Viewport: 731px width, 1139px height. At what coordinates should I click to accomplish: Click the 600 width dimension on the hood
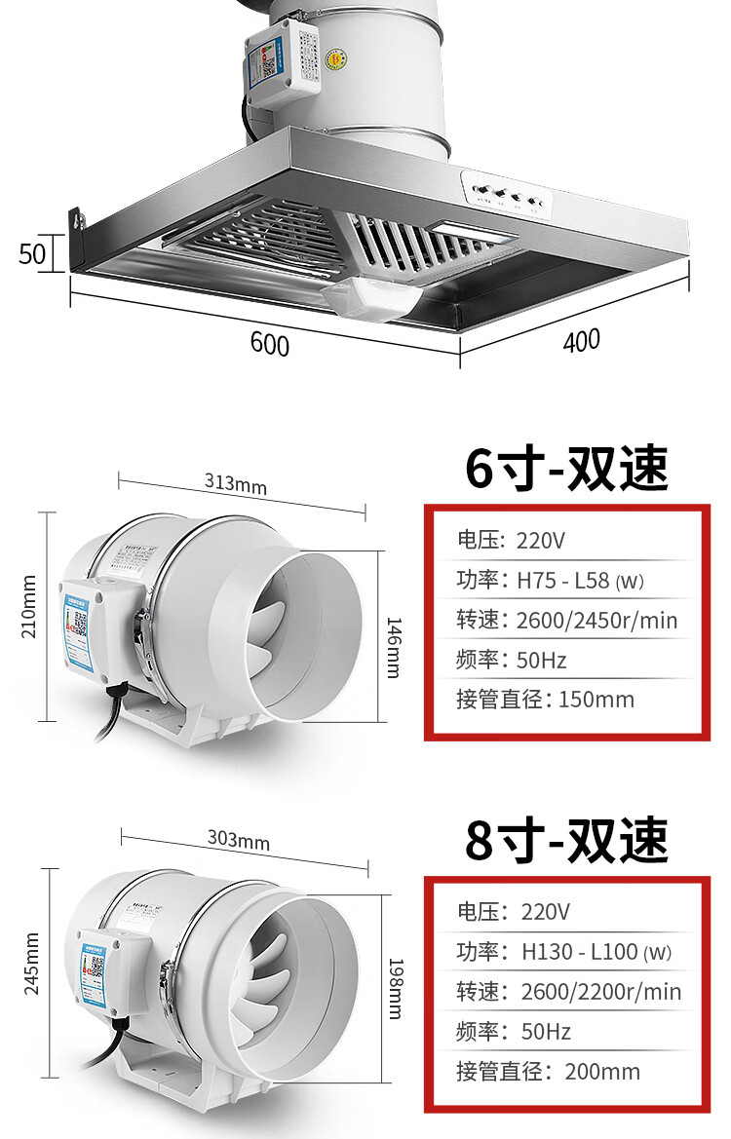pos(270,343)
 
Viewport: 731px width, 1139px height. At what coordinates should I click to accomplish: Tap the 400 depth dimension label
pos(581,340)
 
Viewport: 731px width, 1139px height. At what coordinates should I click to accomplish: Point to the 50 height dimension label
pos(33,253)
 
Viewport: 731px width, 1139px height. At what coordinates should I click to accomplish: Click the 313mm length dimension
pos(236,482)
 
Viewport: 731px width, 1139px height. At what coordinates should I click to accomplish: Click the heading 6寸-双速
pos(566,469)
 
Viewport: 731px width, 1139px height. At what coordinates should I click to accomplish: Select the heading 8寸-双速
pos(566,840)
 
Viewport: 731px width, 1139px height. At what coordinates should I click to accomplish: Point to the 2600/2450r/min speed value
pos(596,621)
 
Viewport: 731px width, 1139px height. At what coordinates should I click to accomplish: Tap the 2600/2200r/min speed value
pos(600,992)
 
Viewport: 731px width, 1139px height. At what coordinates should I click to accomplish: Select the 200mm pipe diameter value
pos(602,1072)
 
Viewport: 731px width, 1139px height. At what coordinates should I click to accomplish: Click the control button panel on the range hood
pos(507,195)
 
